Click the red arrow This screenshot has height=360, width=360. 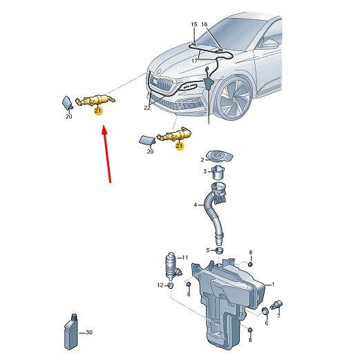(x=106, y=153)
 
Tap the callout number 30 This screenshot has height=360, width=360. (x=89, y=332)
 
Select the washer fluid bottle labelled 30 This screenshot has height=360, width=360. (x=71, y=332)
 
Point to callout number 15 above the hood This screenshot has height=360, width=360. (x=194, y=24)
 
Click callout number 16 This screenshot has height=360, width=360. (x=205, y=24)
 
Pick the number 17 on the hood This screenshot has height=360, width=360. (x=195, y=61)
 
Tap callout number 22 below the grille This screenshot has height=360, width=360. (x=147, y=108)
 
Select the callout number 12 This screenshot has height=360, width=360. (x=160, y=285)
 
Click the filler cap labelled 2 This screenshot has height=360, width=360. (x=220, y=156)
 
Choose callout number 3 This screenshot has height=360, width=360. (x=205, y=171)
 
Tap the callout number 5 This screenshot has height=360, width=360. (x=208, y=250)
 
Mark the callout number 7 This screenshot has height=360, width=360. (x=278, y=316)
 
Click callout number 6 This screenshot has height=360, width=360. (x=267, y=323)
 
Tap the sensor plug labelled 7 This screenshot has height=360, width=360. (x=276, y=305)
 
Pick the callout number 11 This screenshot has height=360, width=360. (x=185, y=257)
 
